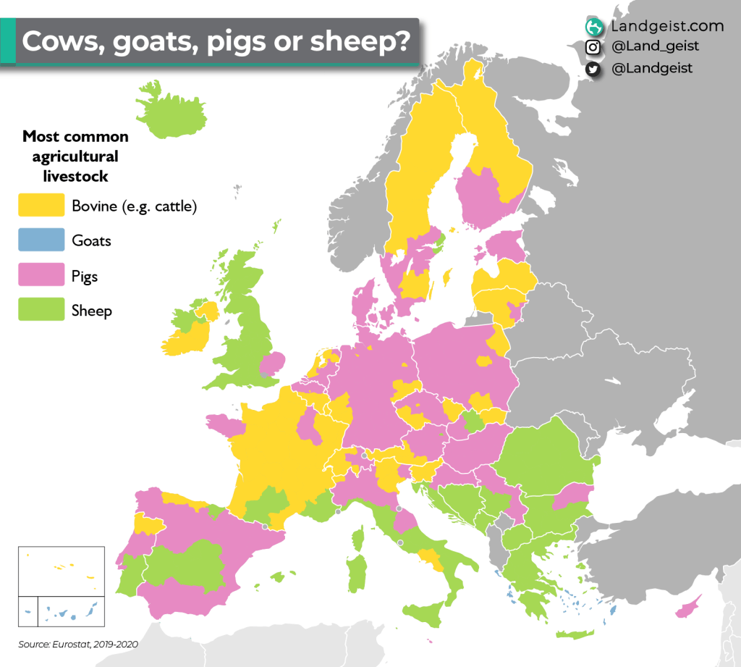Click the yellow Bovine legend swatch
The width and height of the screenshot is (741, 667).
click(x=41, y=206)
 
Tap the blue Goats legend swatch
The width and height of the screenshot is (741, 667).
click(x=41, y=240)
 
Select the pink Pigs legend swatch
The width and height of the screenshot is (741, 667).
click(x=41, y=276)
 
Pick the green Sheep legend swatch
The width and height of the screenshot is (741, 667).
click(x=41, y=311)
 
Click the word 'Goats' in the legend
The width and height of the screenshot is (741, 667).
click(x=91, y=240)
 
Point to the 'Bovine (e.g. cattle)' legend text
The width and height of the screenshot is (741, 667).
click(x=135, y=206)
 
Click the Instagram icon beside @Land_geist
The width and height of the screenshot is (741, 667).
click(x=593, y=47)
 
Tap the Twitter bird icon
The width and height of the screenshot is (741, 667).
click(x=593, y=69)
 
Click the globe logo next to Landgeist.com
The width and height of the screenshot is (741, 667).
click(x=594, y=27)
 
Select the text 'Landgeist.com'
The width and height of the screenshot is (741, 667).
click(x=666, y=27)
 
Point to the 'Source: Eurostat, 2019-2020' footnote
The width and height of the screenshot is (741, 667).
click(x=78, y=644)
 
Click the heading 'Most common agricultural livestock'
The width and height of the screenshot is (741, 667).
click(x=75, y=156)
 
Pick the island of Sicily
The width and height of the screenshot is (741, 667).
click(x=423, y=613)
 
